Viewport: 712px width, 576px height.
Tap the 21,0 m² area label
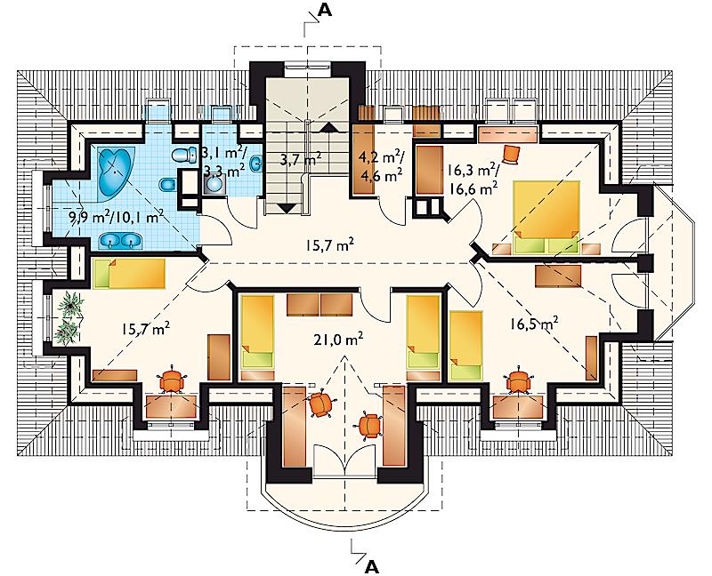point(338,339)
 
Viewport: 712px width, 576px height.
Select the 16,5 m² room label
point(533,324)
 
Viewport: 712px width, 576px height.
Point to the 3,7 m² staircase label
point(300,160)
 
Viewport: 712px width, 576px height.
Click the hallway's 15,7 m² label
point(329,246)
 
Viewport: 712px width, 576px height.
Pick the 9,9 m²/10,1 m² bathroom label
point(116,217)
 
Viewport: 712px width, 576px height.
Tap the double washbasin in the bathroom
point(120,241)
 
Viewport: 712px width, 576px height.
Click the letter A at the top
point(324,11)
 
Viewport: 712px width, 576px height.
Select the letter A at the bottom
point(371,566)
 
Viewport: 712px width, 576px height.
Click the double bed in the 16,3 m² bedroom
point(546,217)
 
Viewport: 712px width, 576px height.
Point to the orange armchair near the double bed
point(513,154)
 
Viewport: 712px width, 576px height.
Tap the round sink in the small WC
point(213,184)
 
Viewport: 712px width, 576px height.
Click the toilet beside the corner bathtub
point(182,155)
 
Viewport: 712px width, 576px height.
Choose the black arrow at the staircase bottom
point(286,209)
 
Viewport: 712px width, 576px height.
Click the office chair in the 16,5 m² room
point(517,380)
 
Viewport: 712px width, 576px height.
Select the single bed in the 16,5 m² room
point(465,346)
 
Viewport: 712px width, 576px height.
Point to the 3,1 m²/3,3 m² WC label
point(224,162)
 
